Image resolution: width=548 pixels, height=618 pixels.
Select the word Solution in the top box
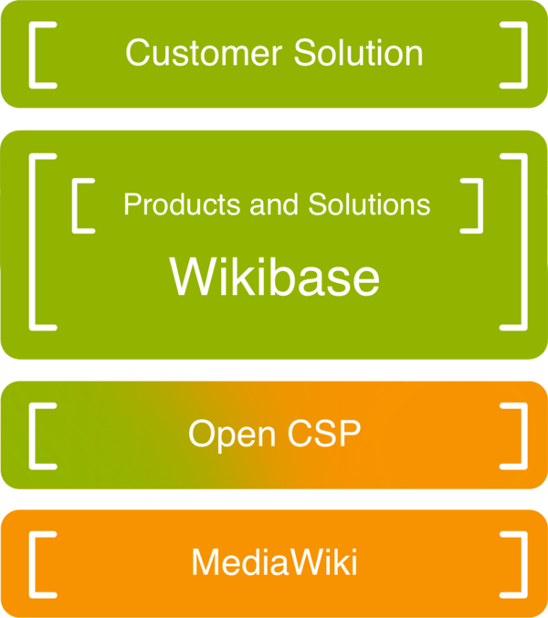359,53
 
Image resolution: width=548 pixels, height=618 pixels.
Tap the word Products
171,204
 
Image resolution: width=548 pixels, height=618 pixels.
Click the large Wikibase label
274,276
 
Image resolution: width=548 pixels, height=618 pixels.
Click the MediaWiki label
274,561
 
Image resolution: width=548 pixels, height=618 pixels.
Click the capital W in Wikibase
193,276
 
